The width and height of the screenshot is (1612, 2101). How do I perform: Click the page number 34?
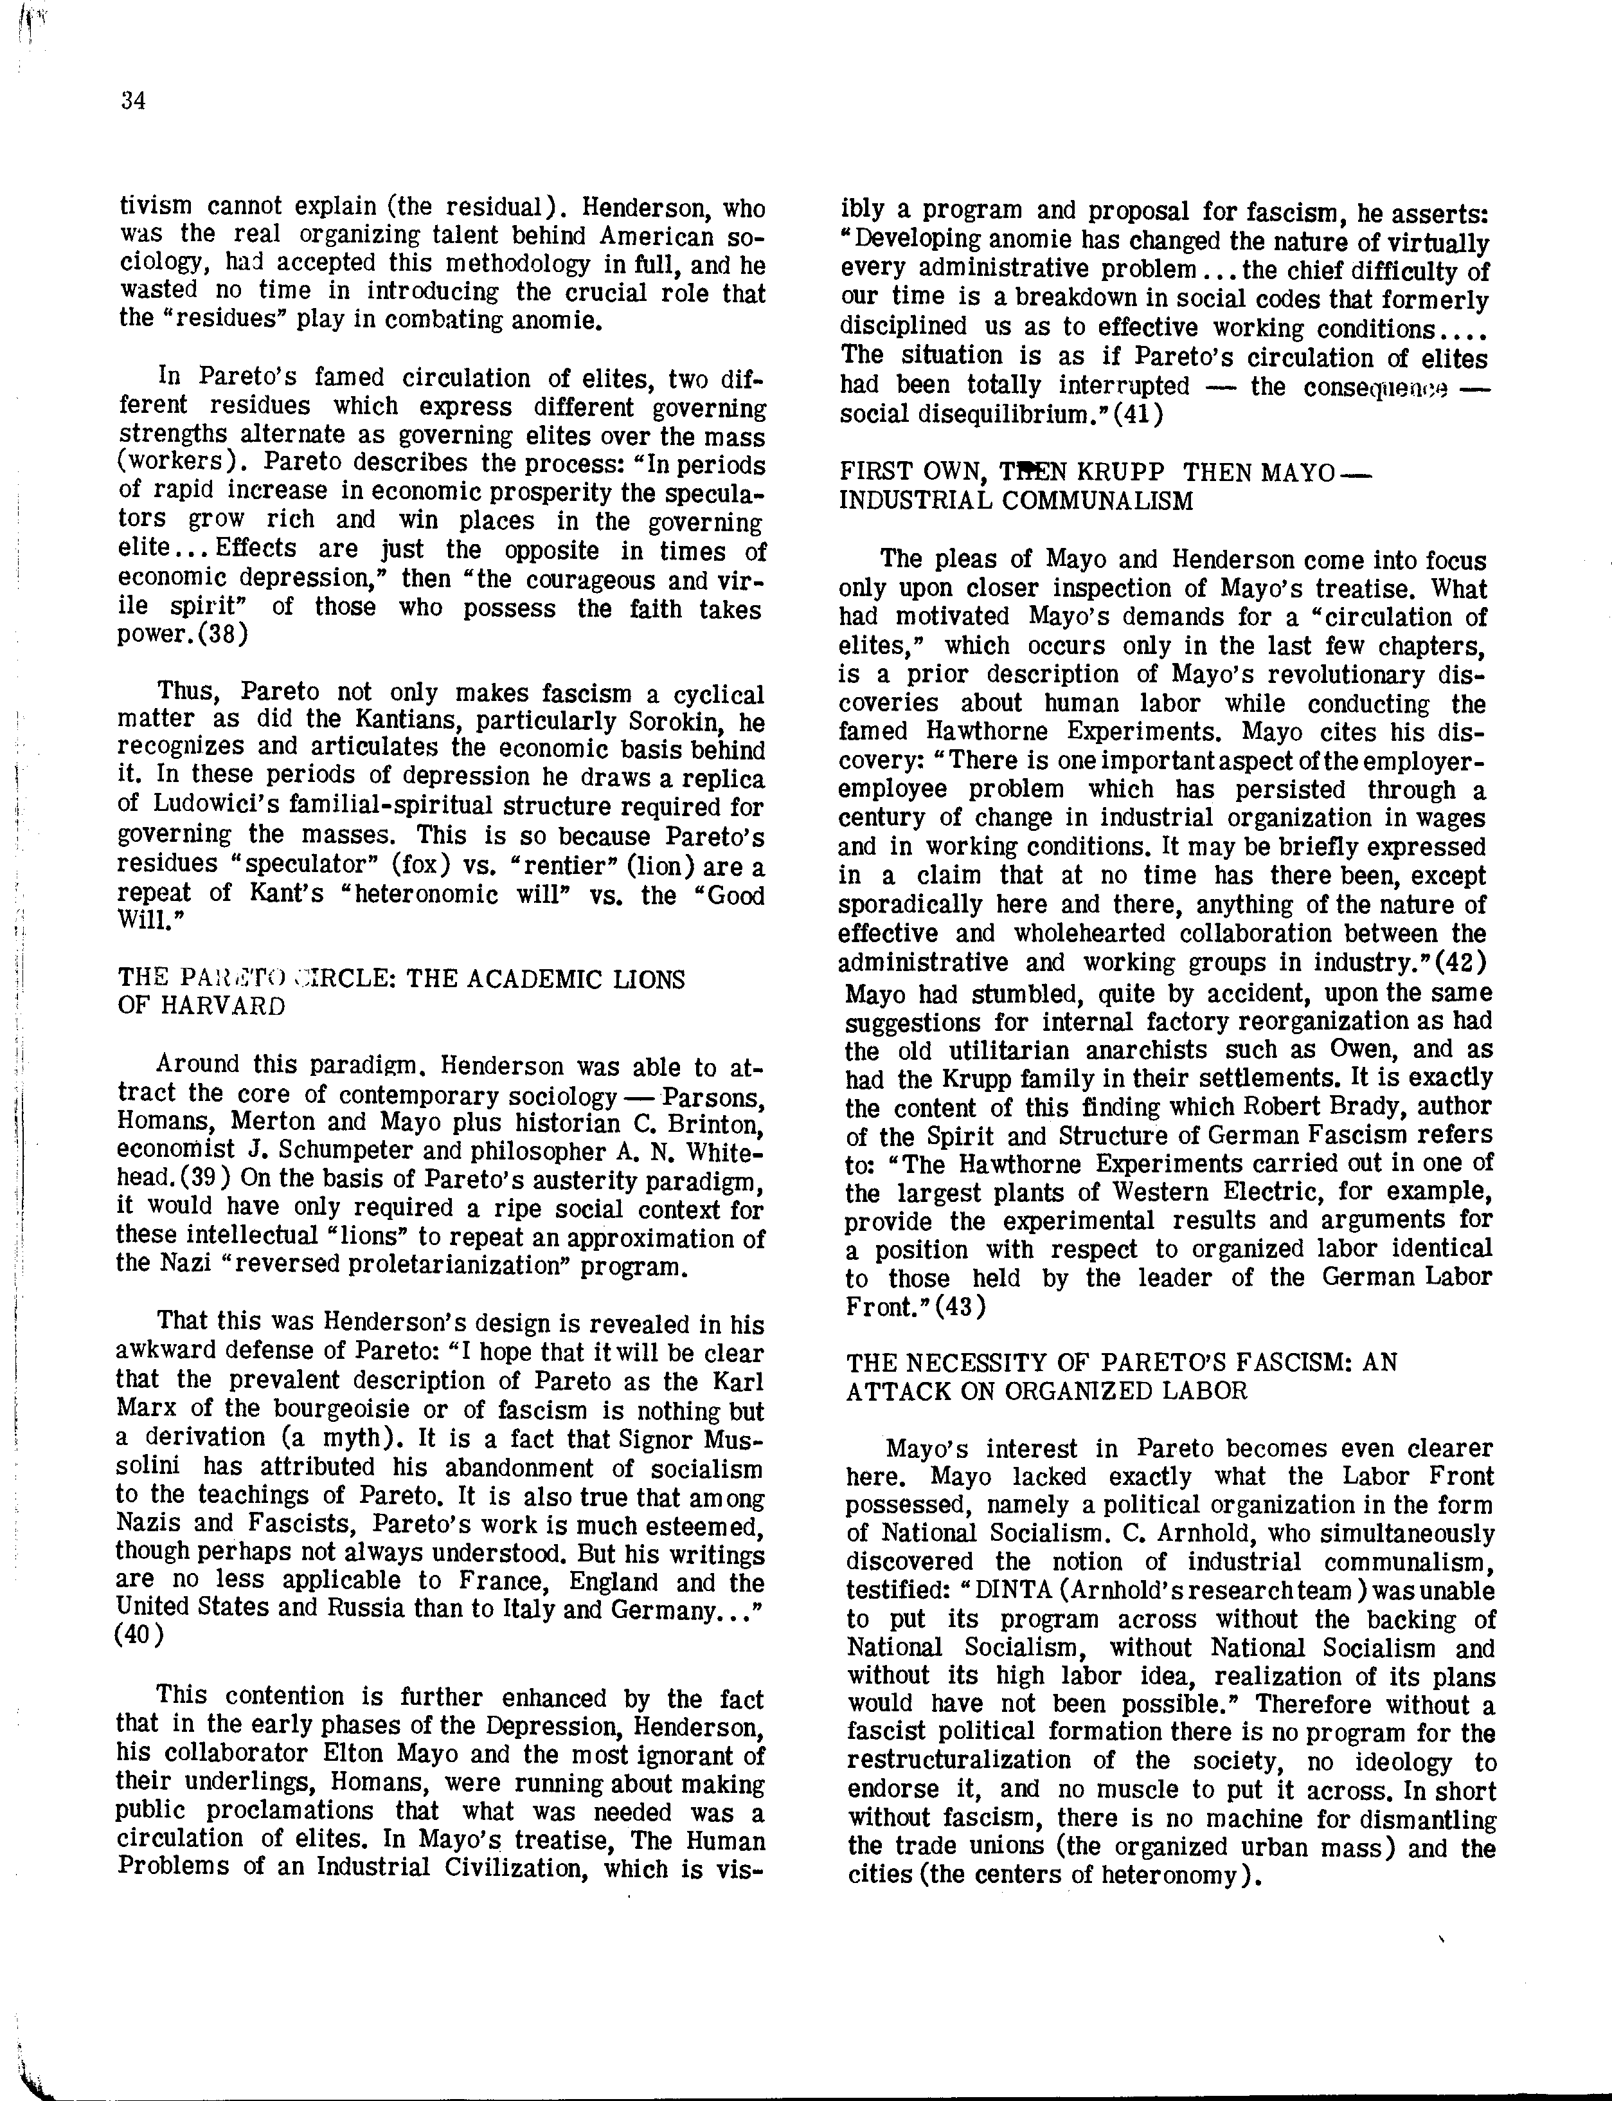tap(134, 101)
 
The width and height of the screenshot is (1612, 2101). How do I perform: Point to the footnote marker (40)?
tap(139, 1635)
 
